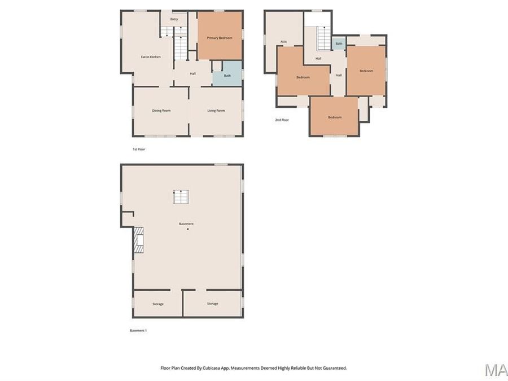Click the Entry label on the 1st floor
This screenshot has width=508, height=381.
(x=174, y=19)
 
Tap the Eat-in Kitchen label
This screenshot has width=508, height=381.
(x=151, y=57)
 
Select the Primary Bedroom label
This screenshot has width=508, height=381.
(x=220, y=38)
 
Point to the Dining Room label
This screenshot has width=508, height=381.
(x=161, y=111)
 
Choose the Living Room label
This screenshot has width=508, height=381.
(x=216, y=111)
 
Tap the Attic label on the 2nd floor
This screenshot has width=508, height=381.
(x=284, y=41)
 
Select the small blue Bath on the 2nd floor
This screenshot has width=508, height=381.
(x=339, y=43)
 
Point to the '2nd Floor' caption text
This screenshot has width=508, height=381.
(x=282, y=120)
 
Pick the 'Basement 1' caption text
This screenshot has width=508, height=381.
(x=138, y=330)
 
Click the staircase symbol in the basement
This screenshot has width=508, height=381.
(x=181, y=197)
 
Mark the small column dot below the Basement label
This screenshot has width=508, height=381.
(x=187, y=229)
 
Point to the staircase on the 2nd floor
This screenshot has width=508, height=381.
(x=323, y=38)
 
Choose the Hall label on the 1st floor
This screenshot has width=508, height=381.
(x=192, y=73)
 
